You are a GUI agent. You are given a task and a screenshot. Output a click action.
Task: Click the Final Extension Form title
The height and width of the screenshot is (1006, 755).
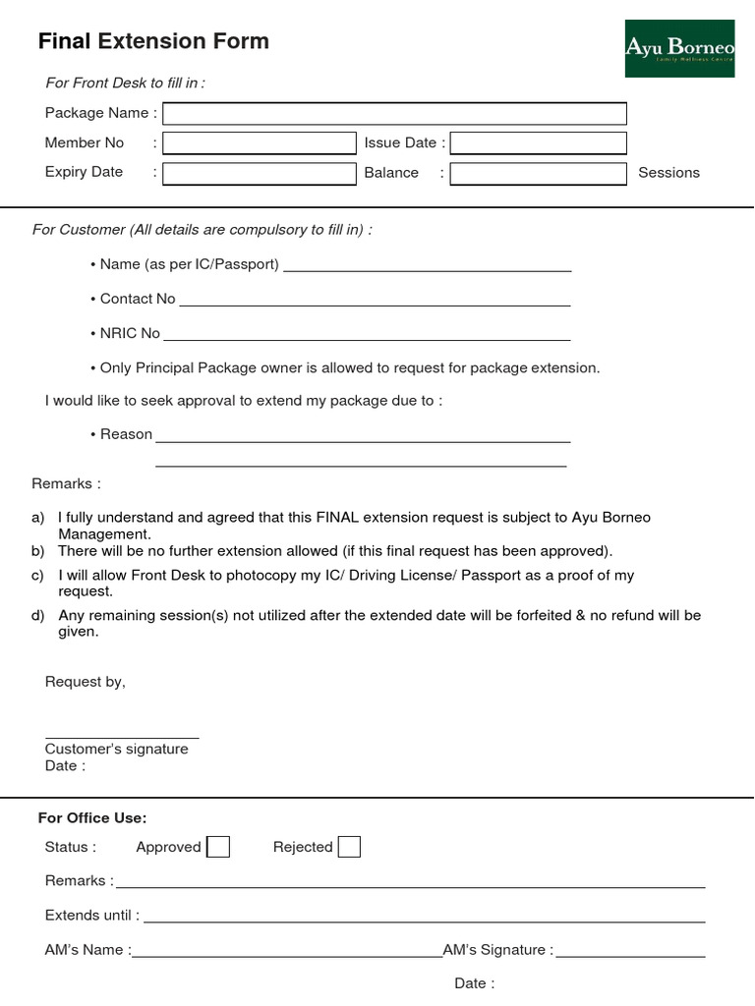[x=153, y=41]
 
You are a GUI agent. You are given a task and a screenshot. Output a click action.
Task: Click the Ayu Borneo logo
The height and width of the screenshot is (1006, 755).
[x=679, y=48]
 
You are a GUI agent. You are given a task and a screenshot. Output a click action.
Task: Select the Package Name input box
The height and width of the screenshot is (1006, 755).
[x=394, y=114]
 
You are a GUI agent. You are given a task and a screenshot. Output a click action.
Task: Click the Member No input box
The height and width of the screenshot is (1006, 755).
[x=260, y=143]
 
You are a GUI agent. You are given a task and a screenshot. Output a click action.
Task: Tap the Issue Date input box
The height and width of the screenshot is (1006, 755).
[x=538, y=143]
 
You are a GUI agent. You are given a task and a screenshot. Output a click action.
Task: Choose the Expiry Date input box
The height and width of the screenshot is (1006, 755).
[x=260, y=174]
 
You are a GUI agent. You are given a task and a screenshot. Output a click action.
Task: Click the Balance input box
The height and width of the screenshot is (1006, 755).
[x=538, y=174]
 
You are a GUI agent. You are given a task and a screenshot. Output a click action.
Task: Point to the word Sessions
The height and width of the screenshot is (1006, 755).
[x=668, y=173]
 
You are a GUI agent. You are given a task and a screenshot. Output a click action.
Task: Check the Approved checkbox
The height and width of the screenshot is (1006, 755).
[x=219, y=847]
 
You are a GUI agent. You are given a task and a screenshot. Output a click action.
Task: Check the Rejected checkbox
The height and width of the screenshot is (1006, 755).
[x=349, y=847]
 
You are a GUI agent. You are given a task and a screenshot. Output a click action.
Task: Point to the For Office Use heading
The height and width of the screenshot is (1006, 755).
[x=92, y=817]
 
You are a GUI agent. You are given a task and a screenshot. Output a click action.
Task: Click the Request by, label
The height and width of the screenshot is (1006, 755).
[x=86, y=682]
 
